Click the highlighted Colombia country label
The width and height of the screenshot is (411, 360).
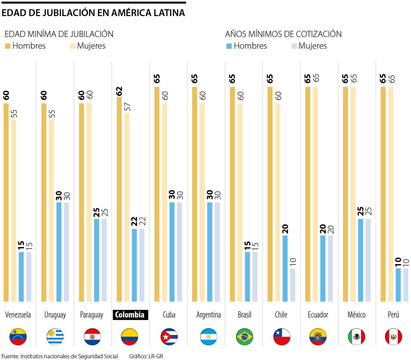(130, 315)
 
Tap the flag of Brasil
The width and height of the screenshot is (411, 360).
(245, 337)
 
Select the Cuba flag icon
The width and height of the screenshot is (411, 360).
(169, 337)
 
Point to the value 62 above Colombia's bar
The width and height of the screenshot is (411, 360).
(119, 91)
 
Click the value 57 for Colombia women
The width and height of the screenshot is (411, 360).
(127, 107)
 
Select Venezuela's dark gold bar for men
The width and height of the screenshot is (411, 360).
(6, 202)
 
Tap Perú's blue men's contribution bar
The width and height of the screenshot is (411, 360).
(398, 285)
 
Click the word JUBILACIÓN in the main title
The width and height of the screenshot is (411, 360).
(68, 13)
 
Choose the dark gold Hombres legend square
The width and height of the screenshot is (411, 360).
(8, 46)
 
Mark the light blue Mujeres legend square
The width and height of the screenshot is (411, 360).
(294, 46)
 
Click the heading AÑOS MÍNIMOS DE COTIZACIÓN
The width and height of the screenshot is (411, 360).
(283, 34)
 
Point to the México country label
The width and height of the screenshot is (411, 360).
(356, 315)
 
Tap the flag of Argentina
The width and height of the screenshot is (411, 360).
(208, 337)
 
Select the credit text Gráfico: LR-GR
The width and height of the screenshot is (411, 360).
(146, 356)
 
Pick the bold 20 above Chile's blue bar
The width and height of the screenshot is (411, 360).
(285, 229)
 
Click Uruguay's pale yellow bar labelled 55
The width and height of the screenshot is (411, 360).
(51, 211)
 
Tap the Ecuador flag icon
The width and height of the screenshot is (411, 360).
(318, 337)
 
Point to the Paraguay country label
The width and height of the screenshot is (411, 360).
(91, 315)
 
